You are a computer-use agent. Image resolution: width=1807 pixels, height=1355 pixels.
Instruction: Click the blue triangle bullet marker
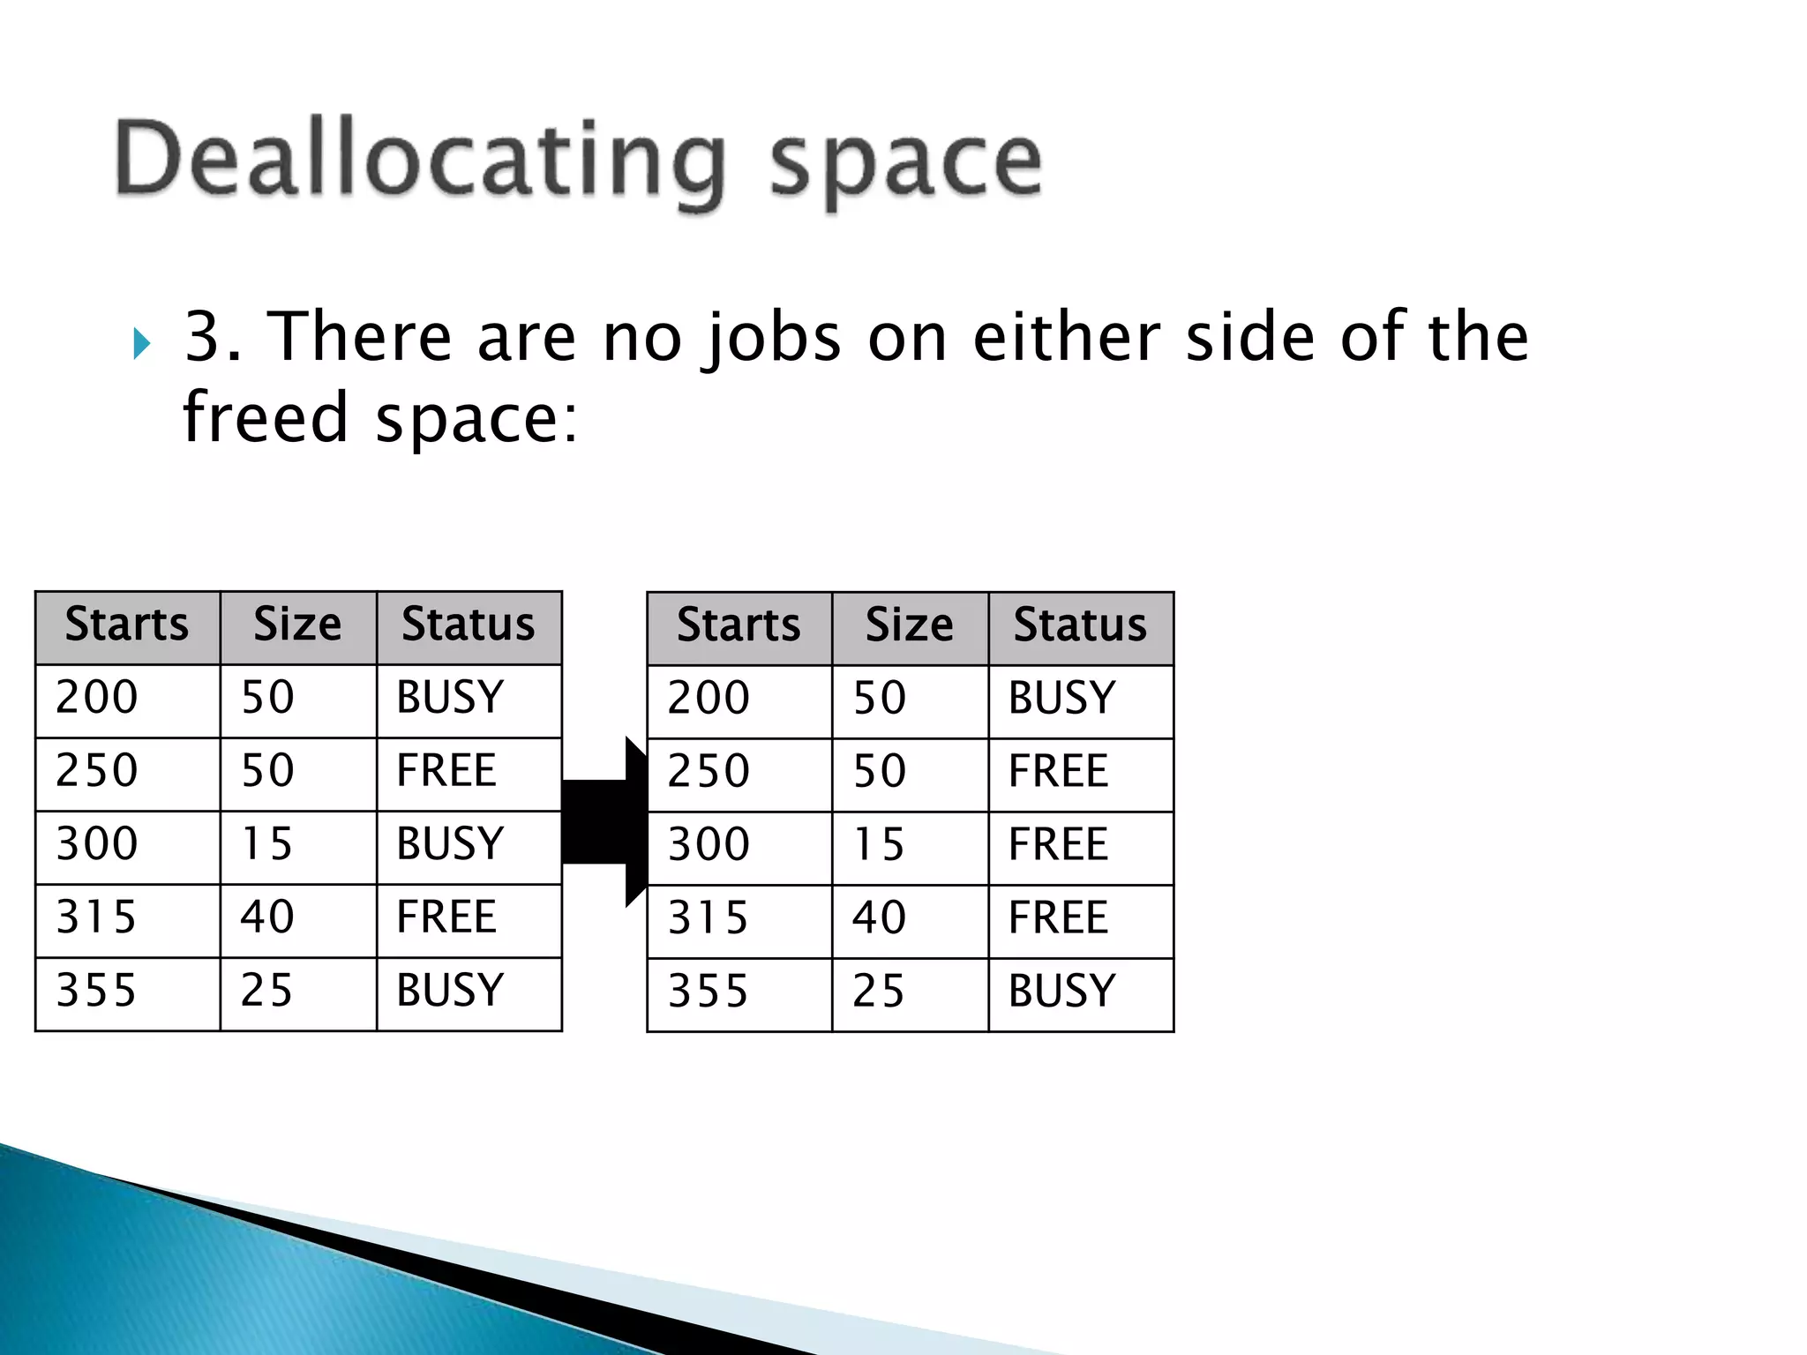point(141,343)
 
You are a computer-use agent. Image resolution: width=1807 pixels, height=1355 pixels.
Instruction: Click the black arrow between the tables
point(604,822)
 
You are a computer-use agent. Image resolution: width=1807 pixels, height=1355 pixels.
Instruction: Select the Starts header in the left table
point(127,625)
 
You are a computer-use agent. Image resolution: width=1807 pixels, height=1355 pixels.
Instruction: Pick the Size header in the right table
point(910,626)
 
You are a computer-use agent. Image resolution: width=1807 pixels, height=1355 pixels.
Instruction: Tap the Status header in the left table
point(469,625)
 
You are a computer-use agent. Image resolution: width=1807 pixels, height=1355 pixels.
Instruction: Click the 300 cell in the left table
point(97,844)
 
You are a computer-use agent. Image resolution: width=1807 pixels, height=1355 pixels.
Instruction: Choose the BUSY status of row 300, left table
point(450,844)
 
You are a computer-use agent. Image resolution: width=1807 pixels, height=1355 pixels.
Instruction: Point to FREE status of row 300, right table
point(1058,845)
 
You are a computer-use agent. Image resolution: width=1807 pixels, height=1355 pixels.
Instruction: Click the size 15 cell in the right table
point(879,845)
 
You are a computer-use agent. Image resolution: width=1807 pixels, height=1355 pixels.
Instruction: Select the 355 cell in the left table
point(97,991)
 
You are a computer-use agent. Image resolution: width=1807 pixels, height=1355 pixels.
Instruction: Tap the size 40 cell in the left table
point(267,917)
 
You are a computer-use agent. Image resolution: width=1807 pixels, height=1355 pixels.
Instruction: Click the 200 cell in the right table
point(709,699)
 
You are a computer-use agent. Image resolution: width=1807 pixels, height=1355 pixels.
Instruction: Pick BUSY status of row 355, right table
point(1062,992)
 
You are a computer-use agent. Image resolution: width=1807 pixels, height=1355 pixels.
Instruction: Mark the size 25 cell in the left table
point(266,991)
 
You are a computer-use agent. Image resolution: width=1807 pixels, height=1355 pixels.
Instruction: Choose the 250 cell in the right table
point(709,772)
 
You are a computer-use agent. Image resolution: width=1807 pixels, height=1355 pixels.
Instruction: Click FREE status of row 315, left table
point(446,917)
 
